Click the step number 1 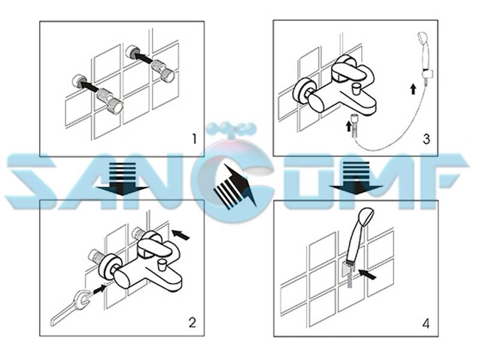[x=193, y=139]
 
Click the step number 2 [x=192, y=322]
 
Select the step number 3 [x=427, y=139]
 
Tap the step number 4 [x=425, y=324]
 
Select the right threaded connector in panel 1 [x=164, y=70]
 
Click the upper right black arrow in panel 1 [x=144, y=58]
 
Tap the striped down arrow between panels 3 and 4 [x=356, y=180]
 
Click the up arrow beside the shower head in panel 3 [x=413, y=89]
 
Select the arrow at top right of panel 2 [x=181, y=233]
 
